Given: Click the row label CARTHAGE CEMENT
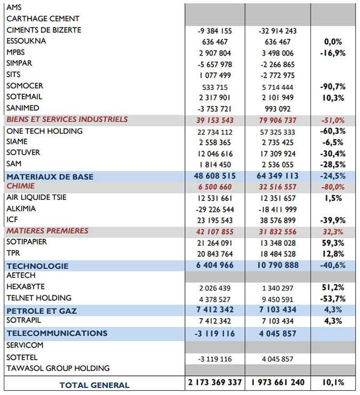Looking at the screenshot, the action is coord(43,19).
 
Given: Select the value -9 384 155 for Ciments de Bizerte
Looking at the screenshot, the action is coord(215,31).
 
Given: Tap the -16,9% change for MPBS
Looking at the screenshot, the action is coord(333,53).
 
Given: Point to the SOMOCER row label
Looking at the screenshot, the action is coord(25,86).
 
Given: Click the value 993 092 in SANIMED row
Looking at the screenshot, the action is coord(277,109).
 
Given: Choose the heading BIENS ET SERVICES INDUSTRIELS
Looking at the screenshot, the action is coord(67,119).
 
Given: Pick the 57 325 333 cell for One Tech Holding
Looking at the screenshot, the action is coord(277,132).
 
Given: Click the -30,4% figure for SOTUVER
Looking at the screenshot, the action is coord(333,154).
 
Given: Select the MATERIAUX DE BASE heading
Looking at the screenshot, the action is coord(50,176).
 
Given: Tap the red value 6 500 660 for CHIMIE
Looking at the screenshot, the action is coord(215,187).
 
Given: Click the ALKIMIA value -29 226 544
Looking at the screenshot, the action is coord(215,209).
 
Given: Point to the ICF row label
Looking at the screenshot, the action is coord(12,220).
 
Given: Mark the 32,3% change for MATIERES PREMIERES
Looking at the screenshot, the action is coord(333,232).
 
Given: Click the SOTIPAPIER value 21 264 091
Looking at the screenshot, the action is coord(215,243).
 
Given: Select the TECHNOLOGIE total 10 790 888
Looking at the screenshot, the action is coord(277,265).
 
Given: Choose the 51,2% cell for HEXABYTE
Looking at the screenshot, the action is coord(333,287).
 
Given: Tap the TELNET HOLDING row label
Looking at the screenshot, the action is coord(39,298).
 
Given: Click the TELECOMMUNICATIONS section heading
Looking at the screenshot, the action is coord(57,333).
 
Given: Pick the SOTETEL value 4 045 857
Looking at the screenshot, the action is coord(277,359).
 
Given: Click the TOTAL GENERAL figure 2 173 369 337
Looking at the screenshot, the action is coord(215,382).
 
